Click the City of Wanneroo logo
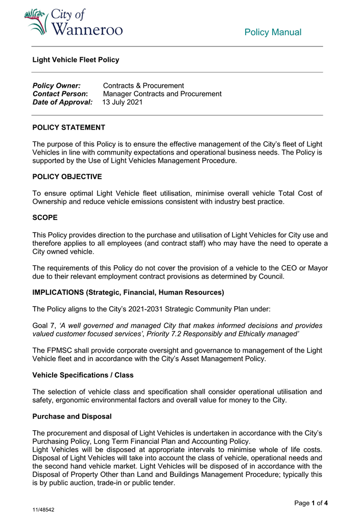(74, 23)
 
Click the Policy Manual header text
(273, 33)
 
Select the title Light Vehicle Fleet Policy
(76, 60)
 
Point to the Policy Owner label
(56, 86)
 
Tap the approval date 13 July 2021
(123, 102)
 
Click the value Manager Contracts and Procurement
(162, 94)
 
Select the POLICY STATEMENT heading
(68, 128)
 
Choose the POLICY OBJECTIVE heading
(67, 177)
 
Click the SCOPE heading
(45, 217)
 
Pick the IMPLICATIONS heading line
(128, 292)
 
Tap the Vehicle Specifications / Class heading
(83, 375)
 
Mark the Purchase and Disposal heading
(71, 416)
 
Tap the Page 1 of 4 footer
(311, 503)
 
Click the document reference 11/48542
(43, 510)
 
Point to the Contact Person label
(60, 94)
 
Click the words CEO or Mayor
(304, 268)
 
